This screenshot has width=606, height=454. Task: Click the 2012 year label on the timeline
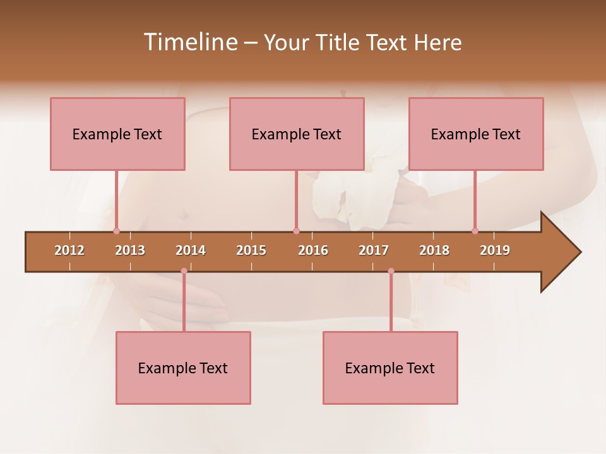click(69, 250)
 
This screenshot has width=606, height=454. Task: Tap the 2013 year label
click(130, 250)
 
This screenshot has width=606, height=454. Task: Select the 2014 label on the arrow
click(191, 250)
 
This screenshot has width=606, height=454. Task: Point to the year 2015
click(251, 250)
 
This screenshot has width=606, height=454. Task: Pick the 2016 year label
click(313, 250)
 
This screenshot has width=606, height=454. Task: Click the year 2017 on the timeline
click(374, 250)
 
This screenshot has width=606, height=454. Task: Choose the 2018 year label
click(434, 250)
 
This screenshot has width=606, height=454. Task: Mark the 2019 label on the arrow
click(495, 250)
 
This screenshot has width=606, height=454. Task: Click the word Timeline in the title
click(190, 42)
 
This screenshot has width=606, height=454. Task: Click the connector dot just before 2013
click(116, 231)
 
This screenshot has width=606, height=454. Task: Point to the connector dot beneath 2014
click(184, 271)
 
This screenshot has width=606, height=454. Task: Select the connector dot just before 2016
click(296, 231)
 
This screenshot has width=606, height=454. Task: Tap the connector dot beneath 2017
click(391, 271)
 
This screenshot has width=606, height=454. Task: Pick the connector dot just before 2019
click(475, 231)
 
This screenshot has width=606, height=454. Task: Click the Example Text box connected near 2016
click(297, 134)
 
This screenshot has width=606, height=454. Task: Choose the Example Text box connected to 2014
click(183, 368)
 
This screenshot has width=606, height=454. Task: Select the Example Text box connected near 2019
click(476, 134)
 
